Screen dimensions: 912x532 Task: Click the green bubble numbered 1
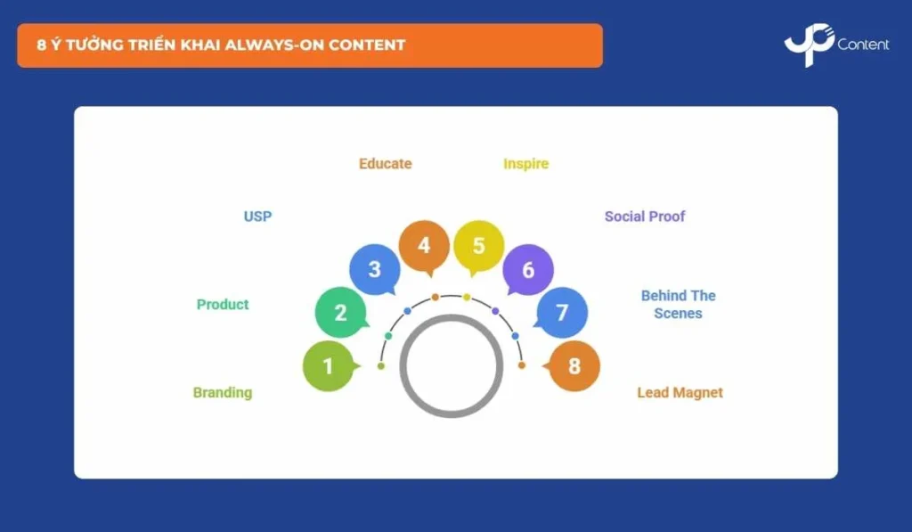click(329, 366)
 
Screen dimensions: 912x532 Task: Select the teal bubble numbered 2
click(341, 313)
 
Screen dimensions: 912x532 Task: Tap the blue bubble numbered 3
click(375, 269)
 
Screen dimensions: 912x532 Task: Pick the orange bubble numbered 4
click(424, 246)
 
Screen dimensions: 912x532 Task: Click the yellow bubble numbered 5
click(478, 246)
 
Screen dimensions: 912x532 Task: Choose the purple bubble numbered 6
click(527, 270)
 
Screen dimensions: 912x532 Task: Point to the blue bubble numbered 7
click(562, 313)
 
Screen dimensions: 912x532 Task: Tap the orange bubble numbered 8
click(574, 366)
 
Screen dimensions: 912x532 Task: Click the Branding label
click(223, 393)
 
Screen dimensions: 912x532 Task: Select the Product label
click(223, 305)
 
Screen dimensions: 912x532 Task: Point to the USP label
click(257, 217)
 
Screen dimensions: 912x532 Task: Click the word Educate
click(385, 164)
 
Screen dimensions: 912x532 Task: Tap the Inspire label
click(525, 164)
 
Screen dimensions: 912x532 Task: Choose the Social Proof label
click(645, 217)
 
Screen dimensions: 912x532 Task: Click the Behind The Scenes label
click(678, 305)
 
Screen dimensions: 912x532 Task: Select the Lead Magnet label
click(680, 393)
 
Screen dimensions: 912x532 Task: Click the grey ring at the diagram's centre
click(452, 317)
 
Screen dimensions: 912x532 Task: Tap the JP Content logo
click(836, 45)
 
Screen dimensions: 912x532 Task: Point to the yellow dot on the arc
click(467, 298)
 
